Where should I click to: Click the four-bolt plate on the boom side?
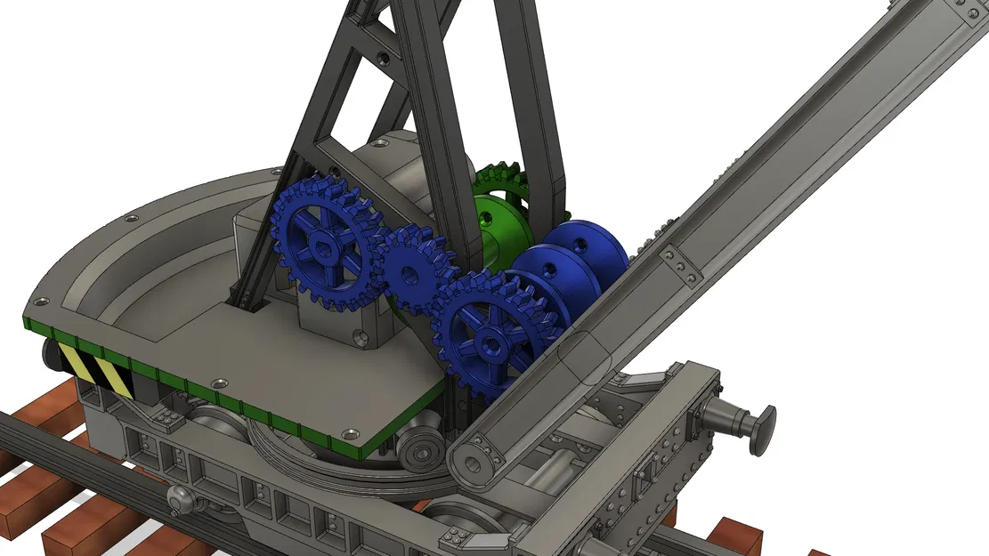tap(682, 266)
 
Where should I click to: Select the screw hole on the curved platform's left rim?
tap(131, 218)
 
